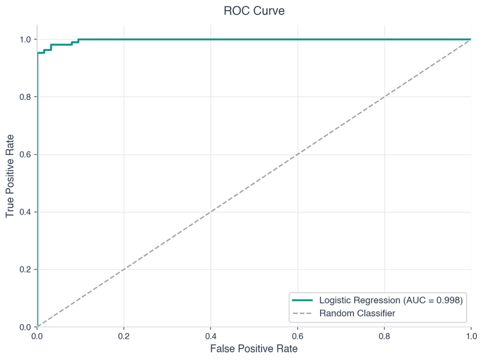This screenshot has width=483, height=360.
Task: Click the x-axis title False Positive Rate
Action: tap(253, 348)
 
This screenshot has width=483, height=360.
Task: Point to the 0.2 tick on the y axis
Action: tap(25, 269)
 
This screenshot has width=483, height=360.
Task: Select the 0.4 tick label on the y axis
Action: tap(25, 212)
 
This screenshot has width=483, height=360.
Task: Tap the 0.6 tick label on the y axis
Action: tap(25, 154)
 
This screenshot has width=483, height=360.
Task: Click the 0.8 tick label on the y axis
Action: tap(25, 97)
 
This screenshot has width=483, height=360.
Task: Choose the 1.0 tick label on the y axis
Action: tap(25, 39)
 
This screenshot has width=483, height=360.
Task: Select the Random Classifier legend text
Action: tap(357, 313)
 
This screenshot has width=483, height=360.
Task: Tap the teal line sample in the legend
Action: tap(303, 301)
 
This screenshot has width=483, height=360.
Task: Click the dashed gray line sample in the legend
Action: tap(303, 313)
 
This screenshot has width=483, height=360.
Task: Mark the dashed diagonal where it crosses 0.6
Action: tap(297, 154)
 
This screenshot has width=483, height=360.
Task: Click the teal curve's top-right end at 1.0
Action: tap(470, 39)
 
